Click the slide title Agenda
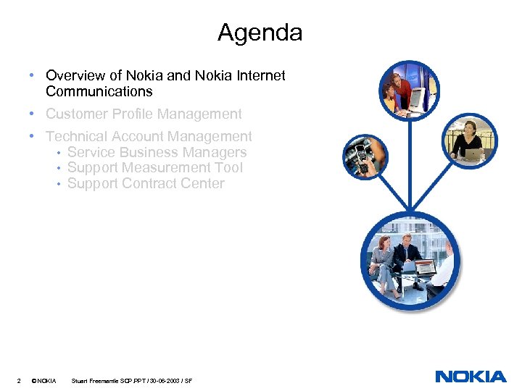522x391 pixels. tap(260, 33)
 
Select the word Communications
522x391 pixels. tap(99, 91)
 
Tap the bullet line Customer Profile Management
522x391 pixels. tap(144, 114)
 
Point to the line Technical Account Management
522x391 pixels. tap(149, 136)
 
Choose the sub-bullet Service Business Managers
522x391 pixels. tap(157, 152)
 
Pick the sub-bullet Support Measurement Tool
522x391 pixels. tap(154, 167)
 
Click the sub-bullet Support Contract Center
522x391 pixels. tap(146, 183)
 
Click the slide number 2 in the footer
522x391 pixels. tap(17, 380)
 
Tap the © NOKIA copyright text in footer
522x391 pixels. tap(44, 380)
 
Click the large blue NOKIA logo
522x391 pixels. tap(471, 377)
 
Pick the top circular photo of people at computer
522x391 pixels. tap(409, 89)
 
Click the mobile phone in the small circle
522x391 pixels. tap(360, 156)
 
